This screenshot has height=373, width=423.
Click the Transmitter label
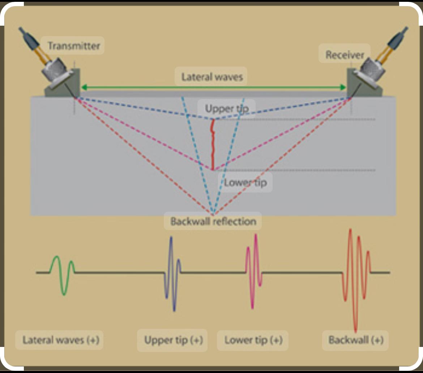[x=73, y=46]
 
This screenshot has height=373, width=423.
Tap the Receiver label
[x=345, y=55]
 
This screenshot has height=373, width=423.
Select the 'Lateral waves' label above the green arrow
[x=212, y=77]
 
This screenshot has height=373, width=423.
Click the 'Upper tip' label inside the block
[x=227, y=109]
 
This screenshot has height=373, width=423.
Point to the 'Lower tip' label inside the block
[x=245, y=182]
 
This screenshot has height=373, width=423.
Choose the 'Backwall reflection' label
[x=213, y=221]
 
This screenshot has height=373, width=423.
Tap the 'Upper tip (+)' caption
[x=174, y=340]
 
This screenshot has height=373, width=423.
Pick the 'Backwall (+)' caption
[x=356, y=340]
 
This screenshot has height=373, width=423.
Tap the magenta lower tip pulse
[x=253, y=271]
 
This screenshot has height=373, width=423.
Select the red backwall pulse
[x=356, y=275]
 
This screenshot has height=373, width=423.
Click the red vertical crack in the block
[x=213, y=145]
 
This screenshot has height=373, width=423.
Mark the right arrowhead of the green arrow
[x=343, y=87]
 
